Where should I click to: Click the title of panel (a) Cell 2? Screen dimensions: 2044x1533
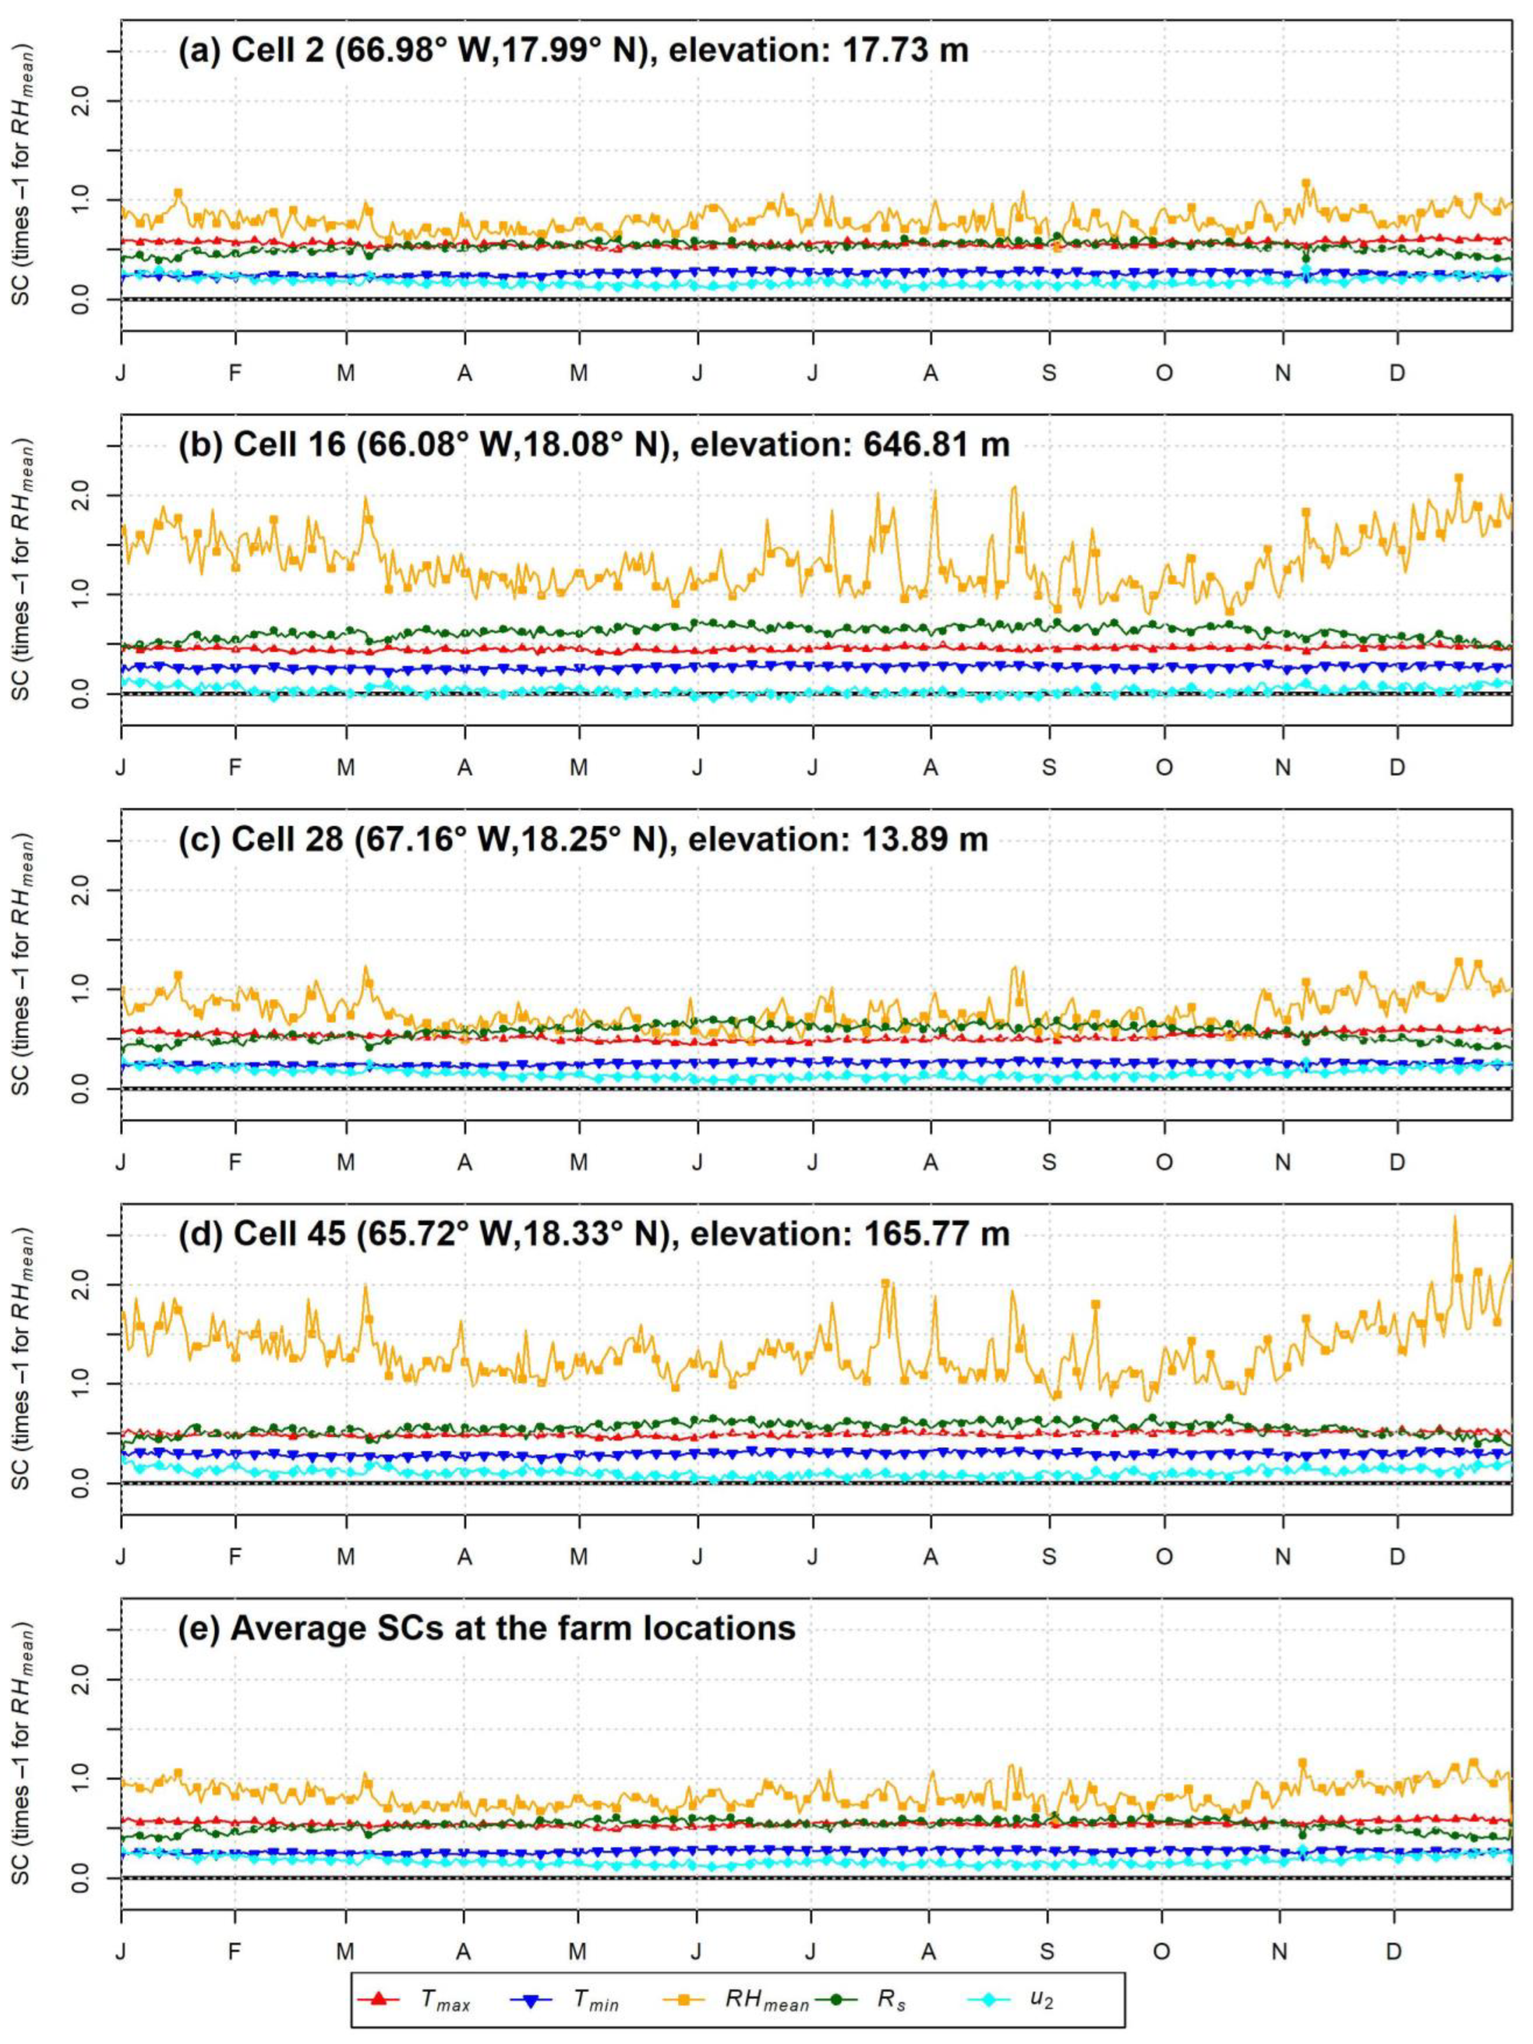(573, 49)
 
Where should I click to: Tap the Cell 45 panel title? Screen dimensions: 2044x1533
(591, 1233)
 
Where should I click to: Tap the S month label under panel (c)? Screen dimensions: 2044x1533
(1049, 1162)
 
